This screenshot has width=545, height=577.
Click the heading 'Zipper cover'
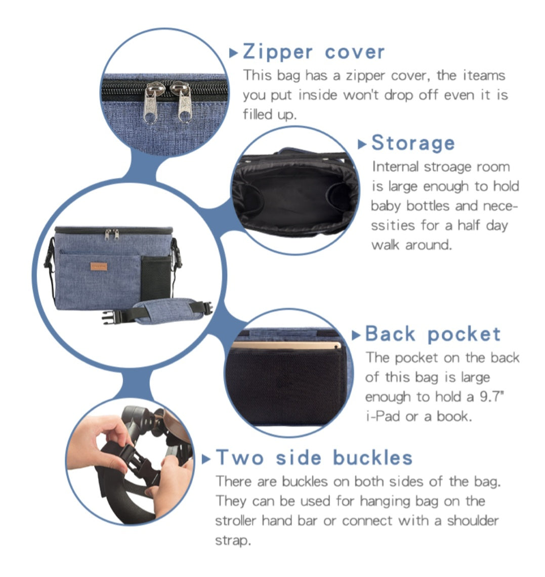pyautogui.click(x=314, y=52)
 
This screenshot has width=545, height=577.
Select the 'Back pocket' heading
pyautogui.click(x=433, y=334)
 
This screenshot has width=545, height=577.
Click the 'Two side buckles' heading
pyautogui.click(x=314, y=458)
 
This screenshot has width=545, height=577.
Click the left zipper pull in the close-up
pyautogui.click(x=151, y=103)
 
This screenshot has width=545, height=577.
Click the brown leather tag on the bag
pyautogui.click(x=99, y=267)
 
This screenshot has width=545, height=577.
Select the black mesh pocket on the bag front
pyautogui.click(x=156, y=277)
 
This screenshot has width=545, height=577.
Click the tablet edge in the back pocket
pyautogui.click(x=286, y=346)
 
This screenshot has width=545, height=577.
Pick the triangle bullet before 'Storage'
pyautogui.click(x=362, y=144)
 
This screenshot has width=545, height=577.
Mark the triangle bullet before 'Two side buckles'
pyautogui.click(x=206, y=459)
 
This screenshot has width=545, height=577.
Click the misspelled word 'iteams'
pyautogui.click(x=484, y=75)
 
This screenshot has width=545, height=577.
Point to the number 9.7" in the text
pyautogui.click(x=491, y=396)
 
